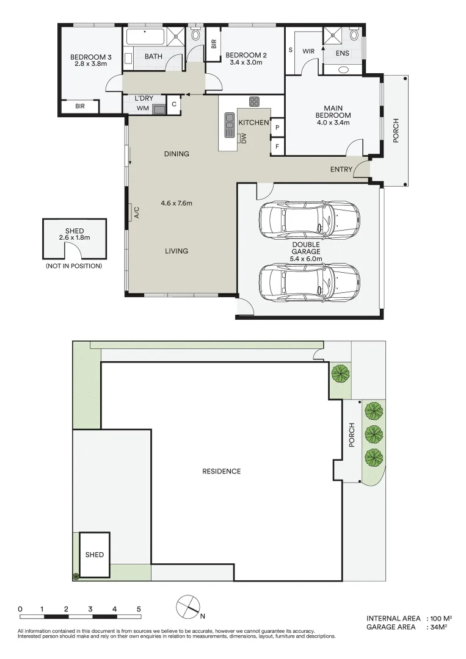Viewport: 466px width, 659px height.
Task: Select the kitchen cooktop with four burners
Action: click(x=254, y=101)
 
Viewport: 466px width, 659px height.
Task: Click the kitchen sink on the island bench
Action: click(x=230, y=124)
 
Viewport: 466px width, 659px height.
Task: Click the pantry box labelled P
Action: click(x=277, y=127)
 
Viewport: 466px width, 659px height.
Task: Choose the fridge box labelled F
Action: click(x=277, y=146)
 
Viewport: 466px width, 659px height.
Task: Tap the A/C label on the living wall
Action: click(x=137, y=212)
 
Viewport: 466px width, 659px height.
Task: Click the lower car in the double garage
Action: click(x=309, y=280)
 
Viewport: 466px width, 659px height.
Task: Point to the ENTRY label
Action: click(x=341, y=169)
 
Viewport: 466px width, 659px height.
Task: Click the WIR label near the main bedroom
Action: click(x=308, y=51)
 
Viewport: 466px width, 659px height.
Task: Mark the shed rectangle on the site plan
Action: click(x=95, y=555)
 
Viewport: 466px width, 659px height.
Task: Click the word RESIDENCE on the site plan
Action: click(x=222, y=471)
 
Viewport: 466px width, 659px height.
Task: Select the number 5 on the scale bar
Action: click(x=139, y=609)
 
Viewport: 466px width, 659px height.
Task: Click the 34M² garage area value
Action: click(x=436, y=627)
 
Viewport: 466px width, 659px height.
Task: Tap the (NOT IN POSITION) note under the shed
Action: click(x=73, y=266)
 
